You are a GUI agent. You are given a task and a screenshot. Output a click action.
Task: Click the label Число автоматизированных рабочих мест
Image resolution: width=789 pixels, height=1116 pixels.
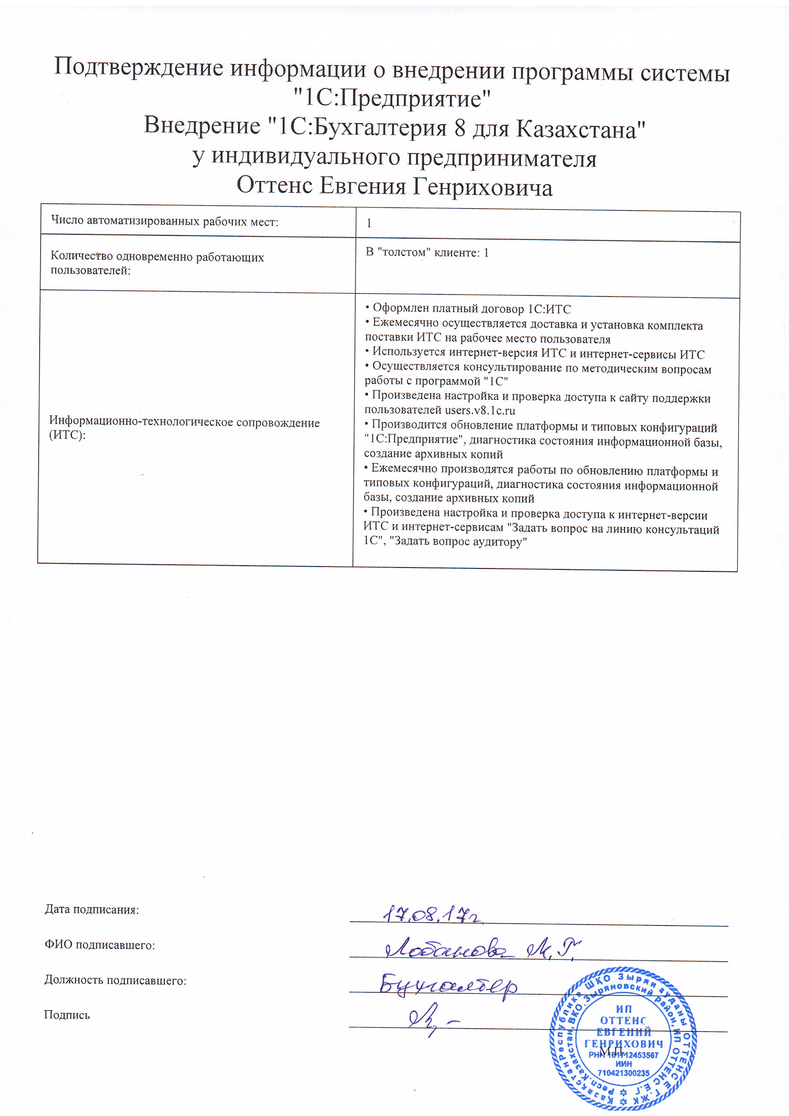click(x=165, y=221)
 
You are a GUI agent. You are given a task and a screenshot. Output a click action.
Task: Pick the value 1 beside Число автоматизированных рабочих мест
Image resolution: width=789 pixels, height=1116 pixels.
click(x=369, y=223)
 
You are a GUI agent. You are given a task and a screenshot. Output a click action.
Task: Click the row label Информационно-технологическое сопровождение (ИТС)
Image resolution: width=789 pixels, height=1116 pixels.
click(x=184, y=428)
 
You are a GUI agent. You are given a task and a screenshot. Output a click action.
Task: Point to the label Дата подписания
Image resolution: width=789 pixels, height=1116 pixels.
click(x=92, y=909)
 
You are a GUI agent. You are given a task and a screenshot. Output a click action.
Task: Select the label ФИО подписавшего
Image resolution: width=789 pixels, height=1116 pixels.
click(x=100, y=945)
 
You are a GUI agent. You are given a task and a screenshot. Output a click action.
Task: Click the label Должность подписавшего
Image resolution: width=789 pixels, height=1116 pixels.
click(x=115, y=980)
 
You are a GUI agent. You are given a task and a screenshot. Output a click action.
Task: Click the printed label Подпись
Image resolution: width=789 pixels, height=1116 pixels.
click(x=67, y=1015)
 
